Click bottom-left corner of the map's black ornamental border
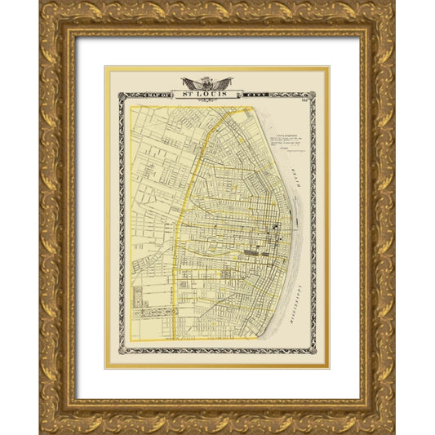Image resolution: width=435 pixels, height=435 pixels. coord(120,354)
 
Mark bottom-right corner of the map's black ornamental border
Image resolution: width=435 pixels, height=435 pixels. coord(315,354)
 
